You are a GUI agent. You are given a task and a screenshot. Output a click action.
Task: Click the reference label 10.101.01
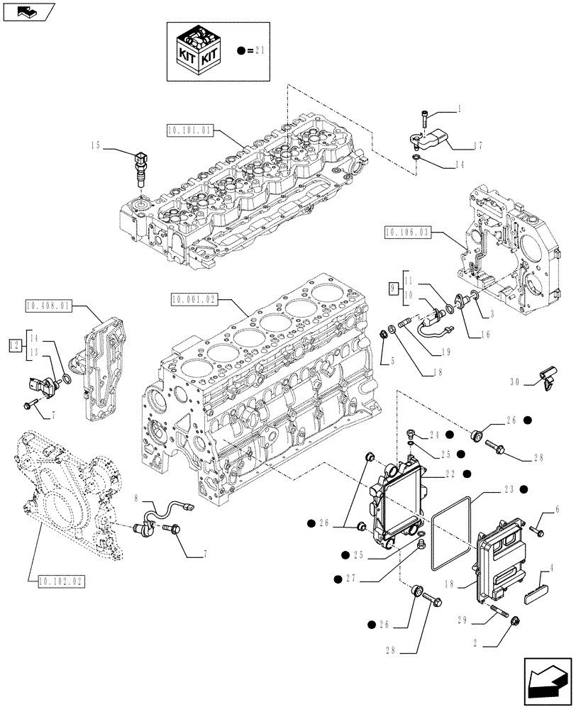point(189,130)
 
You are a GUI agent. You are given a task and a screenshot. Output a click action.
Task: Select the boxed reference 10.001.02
point(194,300)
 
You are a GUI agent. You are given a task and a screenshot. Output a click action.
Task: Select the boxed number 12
point(14,345)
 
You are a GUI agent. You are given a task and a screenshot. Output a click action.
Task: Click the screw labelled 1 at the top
point(424,113)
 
